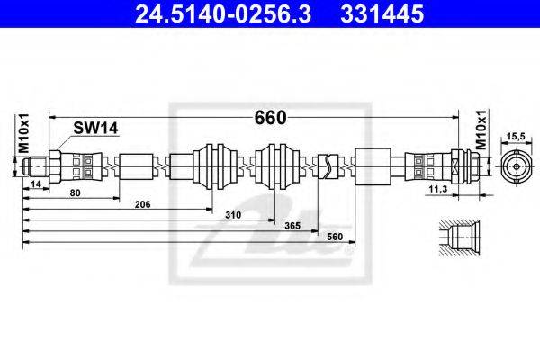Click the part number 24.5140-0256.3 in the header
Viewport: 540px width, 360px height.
(x=223, y=14)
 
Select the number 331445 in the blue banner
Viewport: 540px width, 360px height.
(x=382, y=14)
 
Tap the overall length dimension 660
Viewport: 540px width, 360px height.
(x=270, y=118)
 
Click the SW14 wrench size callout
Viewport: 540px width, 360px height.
(x=95, y=128)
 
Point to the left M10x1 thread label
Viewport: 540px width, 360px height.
(x=24, y=133)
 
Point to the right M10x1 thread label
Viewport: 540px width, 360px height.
(x=481, y=130)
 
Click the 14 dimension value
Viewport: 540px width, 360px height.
(x=35, y=184)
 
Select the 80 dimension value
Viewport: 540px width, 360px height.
(x=75, y=193)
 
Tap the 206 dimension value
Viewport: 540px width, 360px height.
(x=142, y=204)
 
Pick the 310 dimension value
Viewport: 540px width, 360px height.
(x=233, y=215)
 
